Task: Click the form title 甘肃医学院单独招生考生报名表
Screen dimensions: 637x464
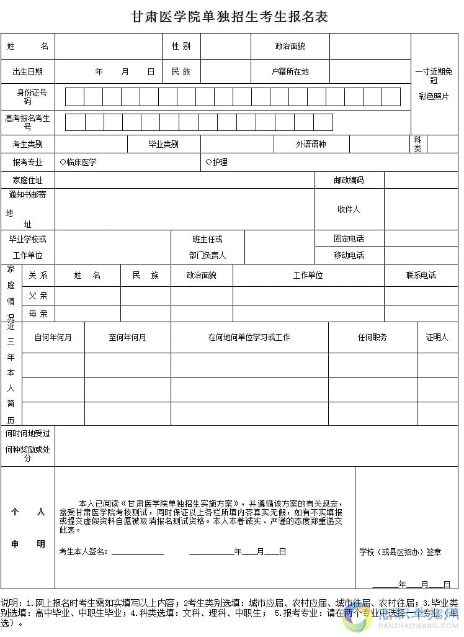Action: (x=230, y=17)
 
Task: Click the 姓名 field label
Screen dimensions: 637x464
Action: (x=27, y=47)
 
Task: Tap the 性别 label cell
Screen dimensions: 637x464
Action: (x=181, y=47)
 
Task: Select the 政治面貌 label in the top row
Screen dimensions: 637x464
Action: (x=290, y=47)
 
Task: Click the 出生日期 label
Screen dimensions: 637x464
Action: (x=27, y=71)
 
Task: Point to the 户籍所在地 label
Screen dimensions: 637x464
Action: (x=290, y=71)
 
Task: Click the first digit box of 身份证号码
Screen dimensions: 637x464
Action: (x=74, y=97)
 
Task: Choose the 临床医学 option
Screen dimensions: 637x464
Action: (x=78, y=162)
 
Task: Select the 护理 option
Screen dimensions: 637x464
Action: (x=216, y=162)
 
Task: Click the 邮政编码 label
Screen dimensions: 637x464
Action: (x=349, y=180)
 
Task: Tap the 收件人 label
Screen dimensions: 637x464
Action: (x=349, y=209)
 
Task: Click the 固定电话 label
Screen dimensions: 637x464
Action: (x=349, y=238)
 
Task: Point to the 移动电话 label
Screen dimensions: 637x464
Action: (x=349, y=255)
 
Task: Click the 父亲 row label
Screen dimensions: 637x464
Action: (x=38, y=296)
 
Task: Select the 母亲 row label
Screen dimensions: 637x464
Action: (x=38, y=314)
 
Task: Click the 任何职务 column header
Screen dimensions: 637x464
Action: (x=372, y=337)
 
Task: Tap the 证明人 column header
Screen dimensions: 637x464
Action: (x=437, y=337)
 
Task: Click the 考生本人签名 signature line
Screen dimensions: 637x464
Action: (x=137, y=552)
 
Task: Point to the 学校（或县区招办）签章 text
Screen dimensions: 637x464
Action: (x=400, y=552)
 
